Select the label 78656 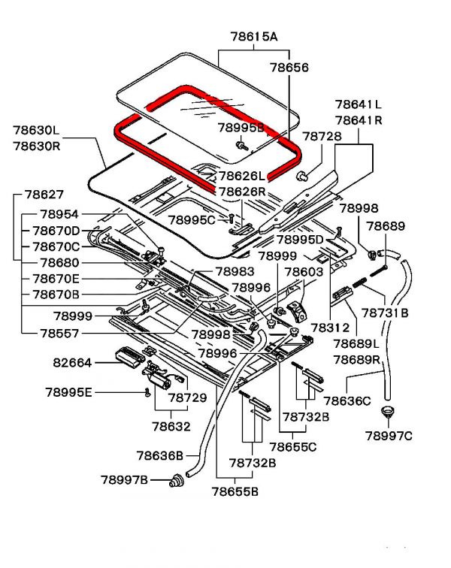click(x=289, y=68)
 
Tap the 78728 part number click(x=322, y=136)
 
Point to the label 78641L click(x=358, y=104)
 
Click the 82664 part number click(x=71, y=362)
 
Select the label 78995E click(x=68, y=391)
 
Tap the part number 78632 click(x=171, y=426)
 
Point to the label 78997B click(x=125, y=479)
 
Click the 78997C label click(x=389, y=436)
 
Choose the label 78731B click(x=383, y=311)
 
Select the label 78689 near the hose click(x=386, y=226)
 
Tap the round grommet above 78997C click(x=389, y=412)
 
